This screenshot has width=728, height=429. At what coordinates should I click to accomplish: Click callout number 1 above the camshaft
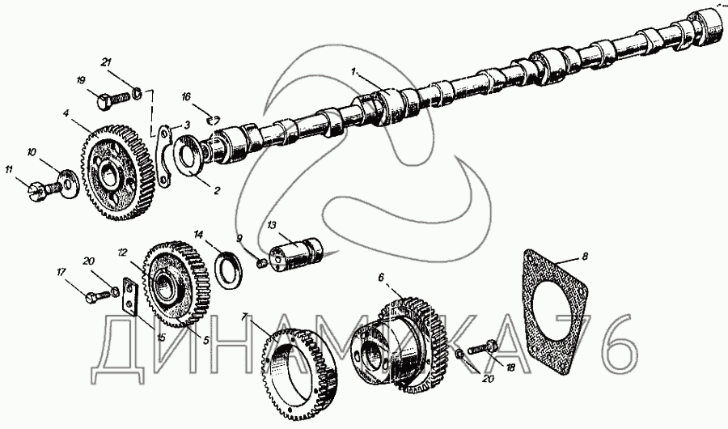tap(353, 71)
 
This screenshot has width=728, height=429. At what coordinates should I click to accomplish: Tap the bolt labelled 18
tap(485, 349)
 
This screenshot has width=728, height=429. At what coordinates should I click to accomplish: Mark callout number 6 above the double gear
tap(381, 277)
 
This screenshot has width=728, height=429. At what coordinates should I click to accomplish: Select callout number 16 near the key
tap(186, 96)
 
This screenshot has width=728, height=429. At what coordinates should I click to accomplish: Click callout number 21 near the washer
tap(106, 62)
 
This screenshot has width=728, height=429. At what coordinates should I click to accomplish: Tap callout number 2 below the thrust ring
tap(216, 190)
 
